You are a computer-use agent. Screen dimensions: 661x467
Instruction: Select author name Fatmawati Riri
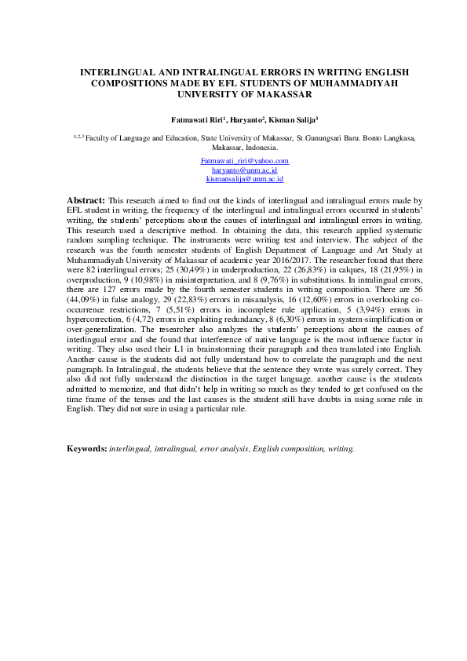pyautogui.click(x=196, y=119)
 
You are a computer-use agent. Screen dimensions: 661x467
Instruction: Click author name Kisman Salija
pyautogui.click(x=290, y=119)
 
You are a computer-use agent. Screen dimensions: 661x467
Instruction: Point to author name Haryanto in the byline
pyautogui.click(x=248, y=119)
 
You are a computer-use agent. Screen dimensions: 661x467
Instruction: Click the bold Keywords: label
pyautogui.click(x=87, y=449)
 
